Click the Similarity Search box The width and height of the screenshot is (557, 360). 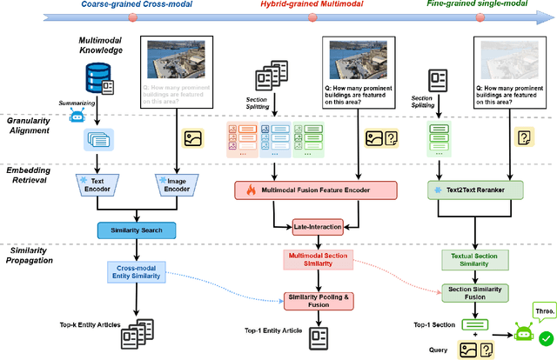click(136, 230)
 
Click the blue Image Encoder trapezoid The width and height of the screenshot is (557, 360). click(174, 185)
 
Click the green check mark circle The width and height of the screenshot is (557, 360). click(547, 338)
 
